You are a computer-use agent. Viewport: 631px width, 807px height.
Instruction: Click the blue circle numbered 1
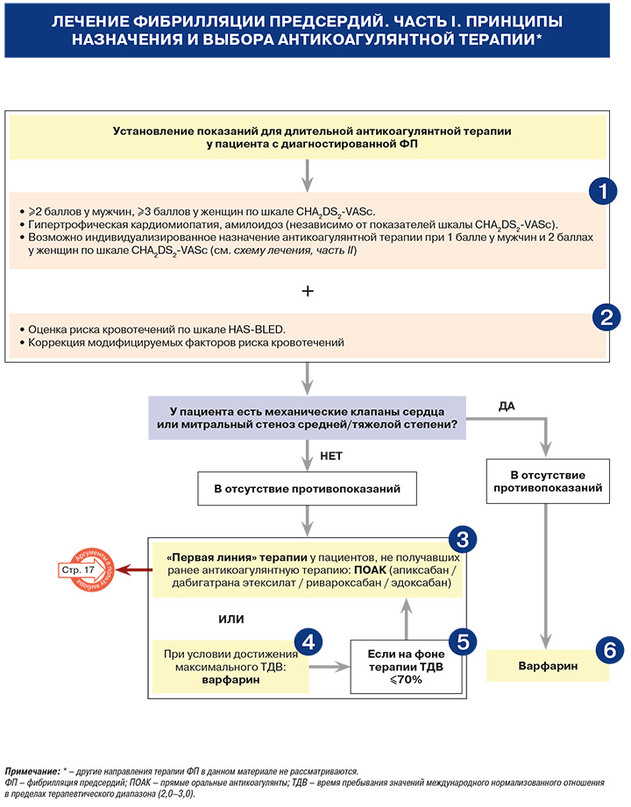603,192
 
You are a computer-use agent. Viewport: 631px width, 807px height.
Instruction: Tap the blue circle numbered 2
606,316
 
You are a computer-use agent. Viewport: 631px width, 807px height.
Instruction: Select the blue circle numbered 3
463,539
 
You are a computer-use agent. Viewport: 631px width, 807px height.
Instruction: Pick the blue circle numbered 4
308,641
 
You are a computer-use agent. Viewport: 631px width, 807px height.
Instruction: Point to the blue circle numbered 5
463,641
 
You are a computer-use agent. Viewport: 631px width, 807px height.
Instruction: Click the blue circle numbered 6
610,650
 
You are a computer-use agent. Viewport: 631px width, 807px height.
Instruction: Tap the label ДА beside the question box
507,406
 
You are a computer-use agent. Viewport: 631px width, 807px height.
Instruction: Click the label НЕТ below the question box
331,456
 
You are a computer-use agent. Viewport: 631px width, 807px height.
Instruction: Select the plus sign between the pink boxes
308,291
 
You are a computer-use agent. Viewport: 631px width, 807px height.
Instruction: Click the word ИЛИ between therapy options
231,619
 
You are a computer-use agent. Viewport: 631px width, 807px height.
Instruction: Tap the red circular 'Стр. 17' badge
85,570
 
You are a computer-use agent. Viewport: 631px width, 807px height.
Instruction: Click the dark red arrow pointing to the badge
134,570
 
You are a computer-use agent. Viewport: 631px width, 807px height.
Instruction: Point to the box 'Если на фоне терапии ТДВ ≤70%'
406,667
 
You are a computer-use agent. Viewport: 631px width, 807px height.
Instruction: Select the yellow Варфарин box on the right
548,665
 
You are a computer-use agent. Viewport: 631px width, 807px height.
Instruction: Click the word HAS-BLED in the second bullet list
256,329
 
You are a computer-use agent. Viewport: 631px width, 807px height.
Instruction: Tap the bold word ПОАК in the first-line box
370,570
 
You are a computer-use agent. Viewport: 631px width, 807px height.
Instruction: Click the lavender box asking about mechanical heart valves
308,418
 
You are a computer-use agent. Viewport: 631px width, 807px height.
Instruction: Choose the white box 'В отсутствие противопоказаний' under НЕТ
308,488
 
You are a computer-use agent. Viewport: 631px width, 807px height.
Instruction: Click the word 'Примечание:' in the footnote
32,771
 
